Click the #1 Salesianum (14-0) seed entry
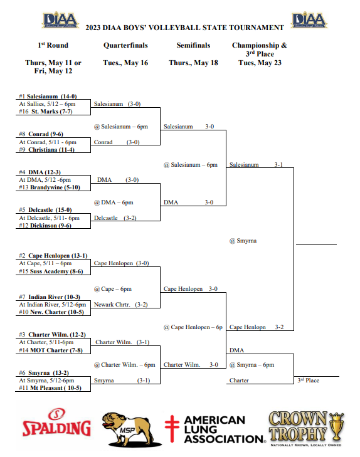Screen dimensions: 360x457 [x=48, y=96]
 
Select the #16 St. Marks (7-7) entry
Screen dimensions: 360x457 [x=46, y=112]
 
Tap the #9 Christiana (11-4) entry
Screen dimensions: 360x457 [x=46, y=150]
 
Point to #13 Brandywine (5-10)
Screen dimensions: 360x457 [x=50, y=187]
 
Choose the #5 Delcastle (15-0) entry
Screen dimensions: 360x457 [x=45, y=210]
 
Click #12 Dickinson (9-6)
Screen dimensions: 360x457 [x=45, y=225]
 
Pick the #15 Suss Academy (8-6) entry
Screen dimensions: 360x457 [x=51, y=271]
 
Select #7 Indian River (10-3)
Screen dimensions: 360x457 [x=50, y=297]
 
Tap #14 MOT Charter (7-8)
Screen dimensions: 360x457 [x=51, y=350]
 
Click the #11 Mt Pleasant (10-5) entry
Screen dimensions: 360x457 [x=50, y=387]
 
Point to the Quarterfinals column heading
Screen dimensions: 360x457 [x=125, y=45]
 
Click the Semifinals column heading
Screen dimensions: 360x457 [x=193, y=45]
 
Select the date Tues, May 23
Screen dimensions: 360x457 [x=260, y=63]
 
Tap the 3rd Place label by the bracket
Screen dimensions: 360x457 [x=309, y=380]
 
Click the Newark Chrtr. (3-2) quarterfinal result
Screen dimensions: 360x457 [x=120, y=304]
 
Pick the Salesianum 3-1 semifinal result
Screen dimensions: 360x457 [x=256, y=165]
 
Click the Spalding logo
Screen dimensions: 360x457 [x=56, y=423]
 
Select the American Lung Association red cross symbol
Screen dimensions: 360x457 [x=172, y=428]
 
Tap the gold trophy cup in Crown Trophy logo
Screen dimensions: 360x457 [x=336, y=426]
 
